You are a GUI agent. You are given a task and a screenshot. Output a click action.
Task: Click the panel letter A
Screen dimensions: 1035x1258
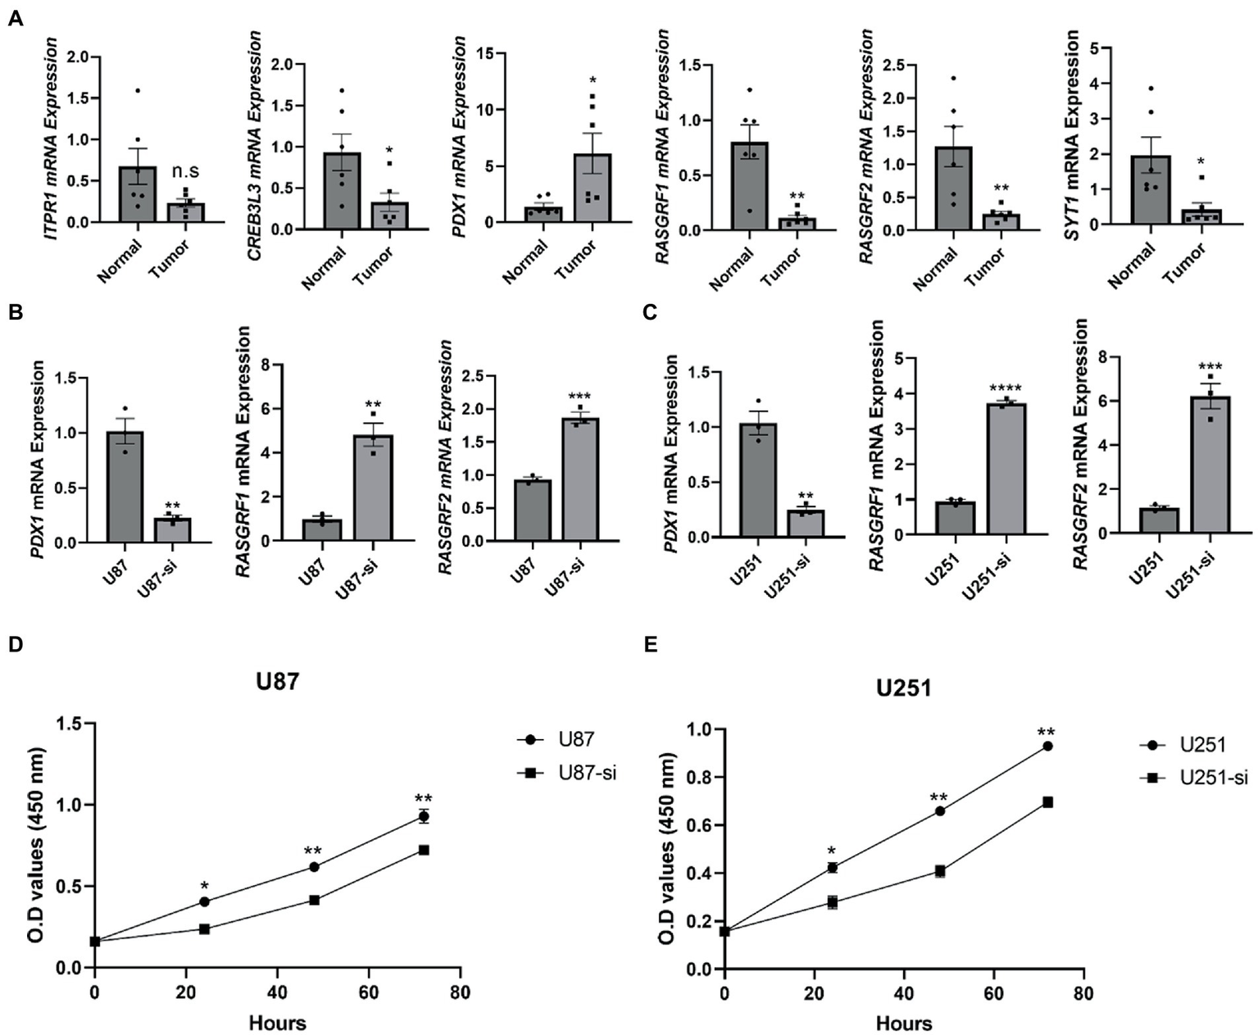14,18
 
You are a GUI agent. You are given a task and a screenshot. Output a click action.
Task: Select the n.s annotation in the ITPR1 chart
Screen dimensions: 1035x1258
186,171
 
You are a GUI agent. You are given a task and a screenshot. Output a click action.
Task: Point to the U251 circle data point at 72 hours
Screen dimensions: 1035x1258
1047,746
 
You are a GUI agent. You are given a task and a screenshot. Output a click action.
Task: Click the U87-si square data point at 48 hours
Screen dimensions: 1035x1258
314,900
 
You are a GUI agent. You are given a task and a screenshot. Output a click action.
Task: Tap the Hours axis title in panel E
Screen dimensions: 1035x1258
903,1023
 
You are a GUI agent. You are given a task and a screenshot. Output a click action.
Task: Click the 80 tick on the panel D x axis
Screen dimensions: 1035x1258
460,993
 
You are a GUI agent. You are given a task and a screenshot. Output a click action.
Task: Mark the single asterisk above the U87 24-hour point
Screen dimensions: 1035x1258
204,887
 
